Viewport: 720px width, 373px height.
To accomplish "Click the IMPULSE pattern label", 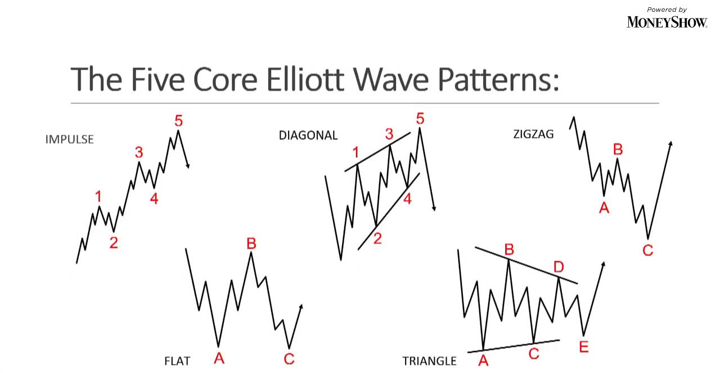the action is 69,139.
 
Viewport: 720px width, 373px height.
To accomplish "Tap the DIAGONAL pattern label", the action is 308,135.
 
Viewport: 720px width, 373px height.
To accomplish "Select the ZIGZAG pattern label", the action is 534,134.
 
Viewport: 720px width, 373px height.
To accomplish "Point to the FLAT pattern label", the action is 177,361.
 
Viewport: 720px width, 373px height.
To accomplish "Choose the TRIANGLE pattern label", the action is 429,361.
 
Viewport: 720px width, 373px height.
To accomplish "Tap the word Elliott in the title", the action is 305,79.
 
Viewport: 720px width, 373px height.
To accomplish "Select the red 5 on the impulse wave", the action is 179,121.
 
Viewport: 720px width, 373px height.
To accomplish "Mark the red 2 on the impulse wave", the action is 114,243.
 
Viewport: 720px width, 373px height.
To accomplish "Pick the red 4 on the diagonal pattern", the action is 408,199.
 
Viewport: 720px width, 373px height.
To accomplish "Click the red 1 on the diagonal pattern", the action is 355,152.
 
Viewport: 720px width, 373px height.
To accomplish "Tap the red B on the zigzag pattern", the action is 618,149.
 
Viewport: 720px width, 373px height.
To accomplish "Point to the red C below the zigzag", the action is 648,250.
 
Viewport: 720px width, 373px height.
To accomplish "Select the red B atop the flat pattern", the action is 251,244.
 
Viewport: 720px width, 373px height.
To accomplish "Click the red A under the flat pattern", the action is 219,358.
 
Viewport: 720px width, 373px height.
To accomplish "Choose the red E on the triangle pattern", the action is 584,347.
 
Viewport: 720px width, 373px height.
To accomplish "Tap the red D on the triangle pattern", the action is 559,267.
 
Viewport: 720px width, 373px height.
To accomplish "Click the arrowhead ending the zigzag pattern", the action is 670,143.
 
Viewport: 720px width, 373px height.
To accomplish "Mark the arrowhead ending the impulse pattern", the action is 188,166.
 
